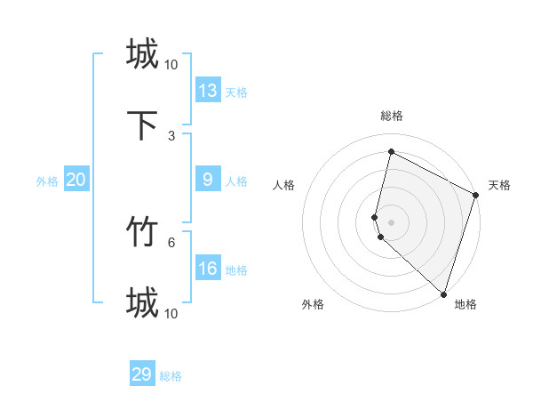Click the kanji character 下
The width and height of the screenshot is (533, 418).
click(x=142, y=125)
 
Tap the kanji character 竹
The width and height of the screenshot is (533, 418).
click(x=142, y=232)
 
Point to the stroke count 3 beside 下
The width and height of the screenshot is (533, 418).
click(x=171, y=135)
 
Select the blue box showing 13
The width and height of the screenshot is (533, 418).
click(x=208, y=90)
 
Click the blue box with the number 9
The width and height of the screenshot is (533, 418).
click(x=208, y=180)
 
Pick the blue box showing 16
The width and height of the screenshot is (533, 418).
click(x=208, y=269)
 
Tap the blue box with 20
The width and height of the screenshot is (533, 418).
click(x=76, y=180)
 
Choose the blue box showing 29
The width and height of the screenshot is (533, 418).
click(x=142, y=374)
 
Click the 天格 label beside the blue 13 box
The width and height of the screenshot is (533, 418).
click(x=236, y=92)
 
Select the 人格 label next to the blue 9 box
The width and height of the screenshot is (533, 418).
click(x=236, y=181)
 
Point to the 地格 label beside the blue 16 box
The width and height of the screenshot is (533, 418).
click(x=236, y=270)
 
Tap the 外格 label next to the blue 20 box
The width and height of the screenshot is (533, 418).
click(x=47, y=181)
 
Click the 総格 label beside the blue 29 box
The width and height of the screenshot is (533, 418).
click(x=171, y=376)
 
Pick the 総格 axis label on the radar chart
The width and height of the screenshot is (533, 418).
click(x=391, y=116)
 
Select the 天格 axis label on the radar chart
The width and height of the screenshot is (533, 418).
click(x=499, y=185)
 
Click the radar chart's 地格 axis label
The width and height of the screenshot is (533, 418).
click(x=465, y=304)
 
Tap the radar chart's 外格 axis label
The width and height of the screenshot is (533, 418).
click(x=313, y=304)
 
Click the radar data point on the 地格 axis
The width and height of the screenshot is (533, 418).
click(x=443, y=293)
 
